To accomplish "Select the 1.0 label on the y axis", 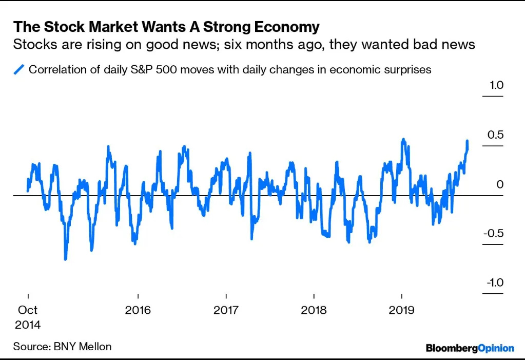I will pyautogui.click(x=496, y=85).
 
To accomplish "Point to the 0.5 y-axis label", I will pyautogui.click(x=496, y=135).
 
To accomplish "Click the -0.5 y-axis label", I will pyautogui.click(x=494, y=233).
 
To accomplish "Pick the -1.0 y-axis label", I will pyautogui.click(x=494, y=283).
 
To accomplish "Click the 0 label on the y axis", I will pyautogui.click(x=500, y=184).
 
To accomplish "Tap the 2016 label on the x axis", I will pyautogui.click(x=138, y=311).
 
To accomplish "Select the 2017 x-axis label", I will pyautogui.click(x=225, y=311).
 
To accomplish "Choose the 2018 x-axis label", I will pyautogui.click(x=313, y=311).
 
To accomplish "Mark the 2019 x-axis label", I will pyautogui.click(x=401, y=311).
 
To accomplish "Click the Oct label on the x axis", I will pyautogui.click(x=28, y=311).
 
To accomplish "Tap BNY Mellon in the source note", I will pyautogui.click(x=82, y=346).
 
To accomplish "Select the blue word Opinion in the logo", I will pyautogui.click(x=496, y=348).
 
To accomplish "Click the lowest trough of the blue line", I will pyautogui.click(x=65, y=259).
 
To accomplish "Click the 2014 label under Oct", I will pyautogui.click(x=28, y=325).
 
